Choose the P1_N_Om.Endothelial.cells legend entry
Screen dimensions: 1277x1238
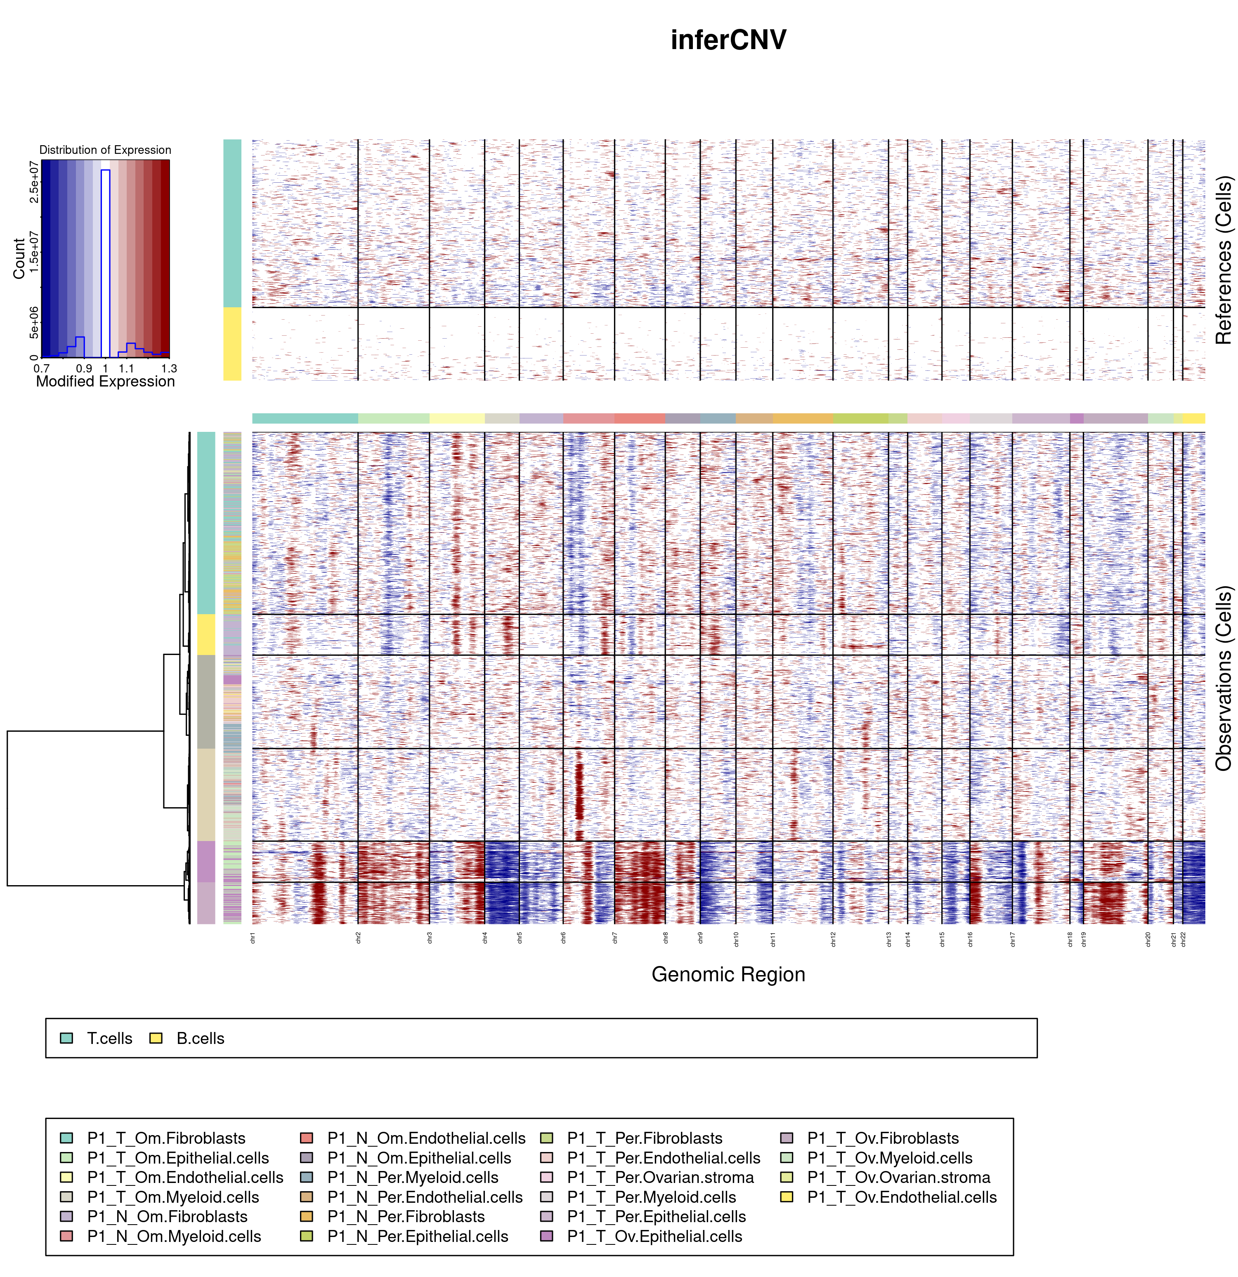pyautogui.click(x=426, y=1138)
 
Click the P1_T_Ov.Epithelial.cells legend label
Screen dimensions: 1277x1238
pyautogui.click(x=654, y=1237)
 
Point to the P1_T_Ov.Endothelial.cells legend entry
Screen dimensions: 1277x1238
pyautogui.click(x=902, y=1197)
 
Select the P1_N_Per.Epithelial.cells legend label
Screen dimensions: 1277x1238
pyautogui.click(x=417, y=1237)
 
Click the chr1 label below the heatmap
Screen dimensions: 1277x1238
pyautogui.click(x=253, y=938)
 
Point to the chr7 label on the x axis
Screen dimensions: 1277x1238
pyautogui.click(x=615, y=938)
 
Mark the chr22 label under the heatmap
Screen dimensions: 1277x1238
pyautogui.click(x=1183, y=939)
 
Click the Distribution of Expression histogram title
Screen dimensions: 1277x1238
pyautogui.click(x=105, y=150)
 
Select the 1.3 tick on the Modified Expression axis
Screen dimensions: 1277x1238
pyautogui.click(x=169, y=369)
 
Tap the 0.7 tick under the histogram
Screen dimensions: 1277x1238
pyautogui.click(x=42, y=369)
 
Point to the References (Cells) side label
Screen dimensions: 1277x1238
pyautogui.click(x=1223, y=260)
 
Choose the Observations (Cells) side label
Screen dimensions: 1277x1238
pyautogui.click(x=1223, y=678)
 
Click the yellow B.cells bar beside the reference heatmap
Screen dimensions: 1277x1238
pyautogui.click(x=232, y=344)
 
